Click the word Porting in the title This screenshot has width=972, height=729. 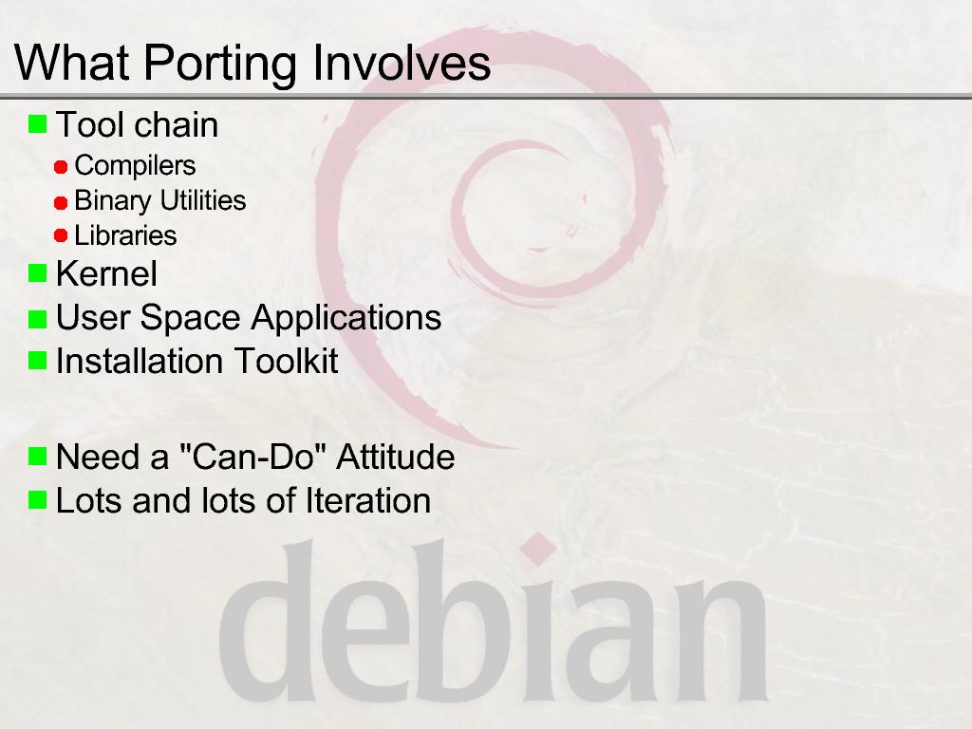220,64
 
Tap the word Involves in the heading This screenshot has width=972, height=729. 402,63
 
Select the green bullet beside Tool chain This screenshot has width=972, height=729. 37,123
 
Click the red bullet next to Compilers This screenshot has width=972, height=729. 61,167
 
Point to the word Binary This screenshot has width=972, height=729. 113,201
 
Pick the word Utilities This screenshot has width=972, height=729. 203,200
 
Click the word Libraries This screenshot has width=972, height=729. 126,235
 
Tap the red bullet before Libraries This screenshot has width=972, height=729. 61,235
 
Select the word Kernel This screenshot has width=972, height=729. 106,273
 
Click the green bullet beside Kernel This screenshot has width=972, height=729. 37,272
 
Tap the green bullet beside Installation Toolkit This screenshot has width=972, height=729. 37,360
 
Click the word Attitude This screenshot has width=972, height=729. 396,457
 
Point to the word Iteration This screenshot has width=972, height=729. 367,500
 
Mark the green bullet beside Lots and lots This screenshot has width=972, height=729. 37,499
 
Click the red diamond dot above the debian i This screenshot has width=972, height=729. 538,549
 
